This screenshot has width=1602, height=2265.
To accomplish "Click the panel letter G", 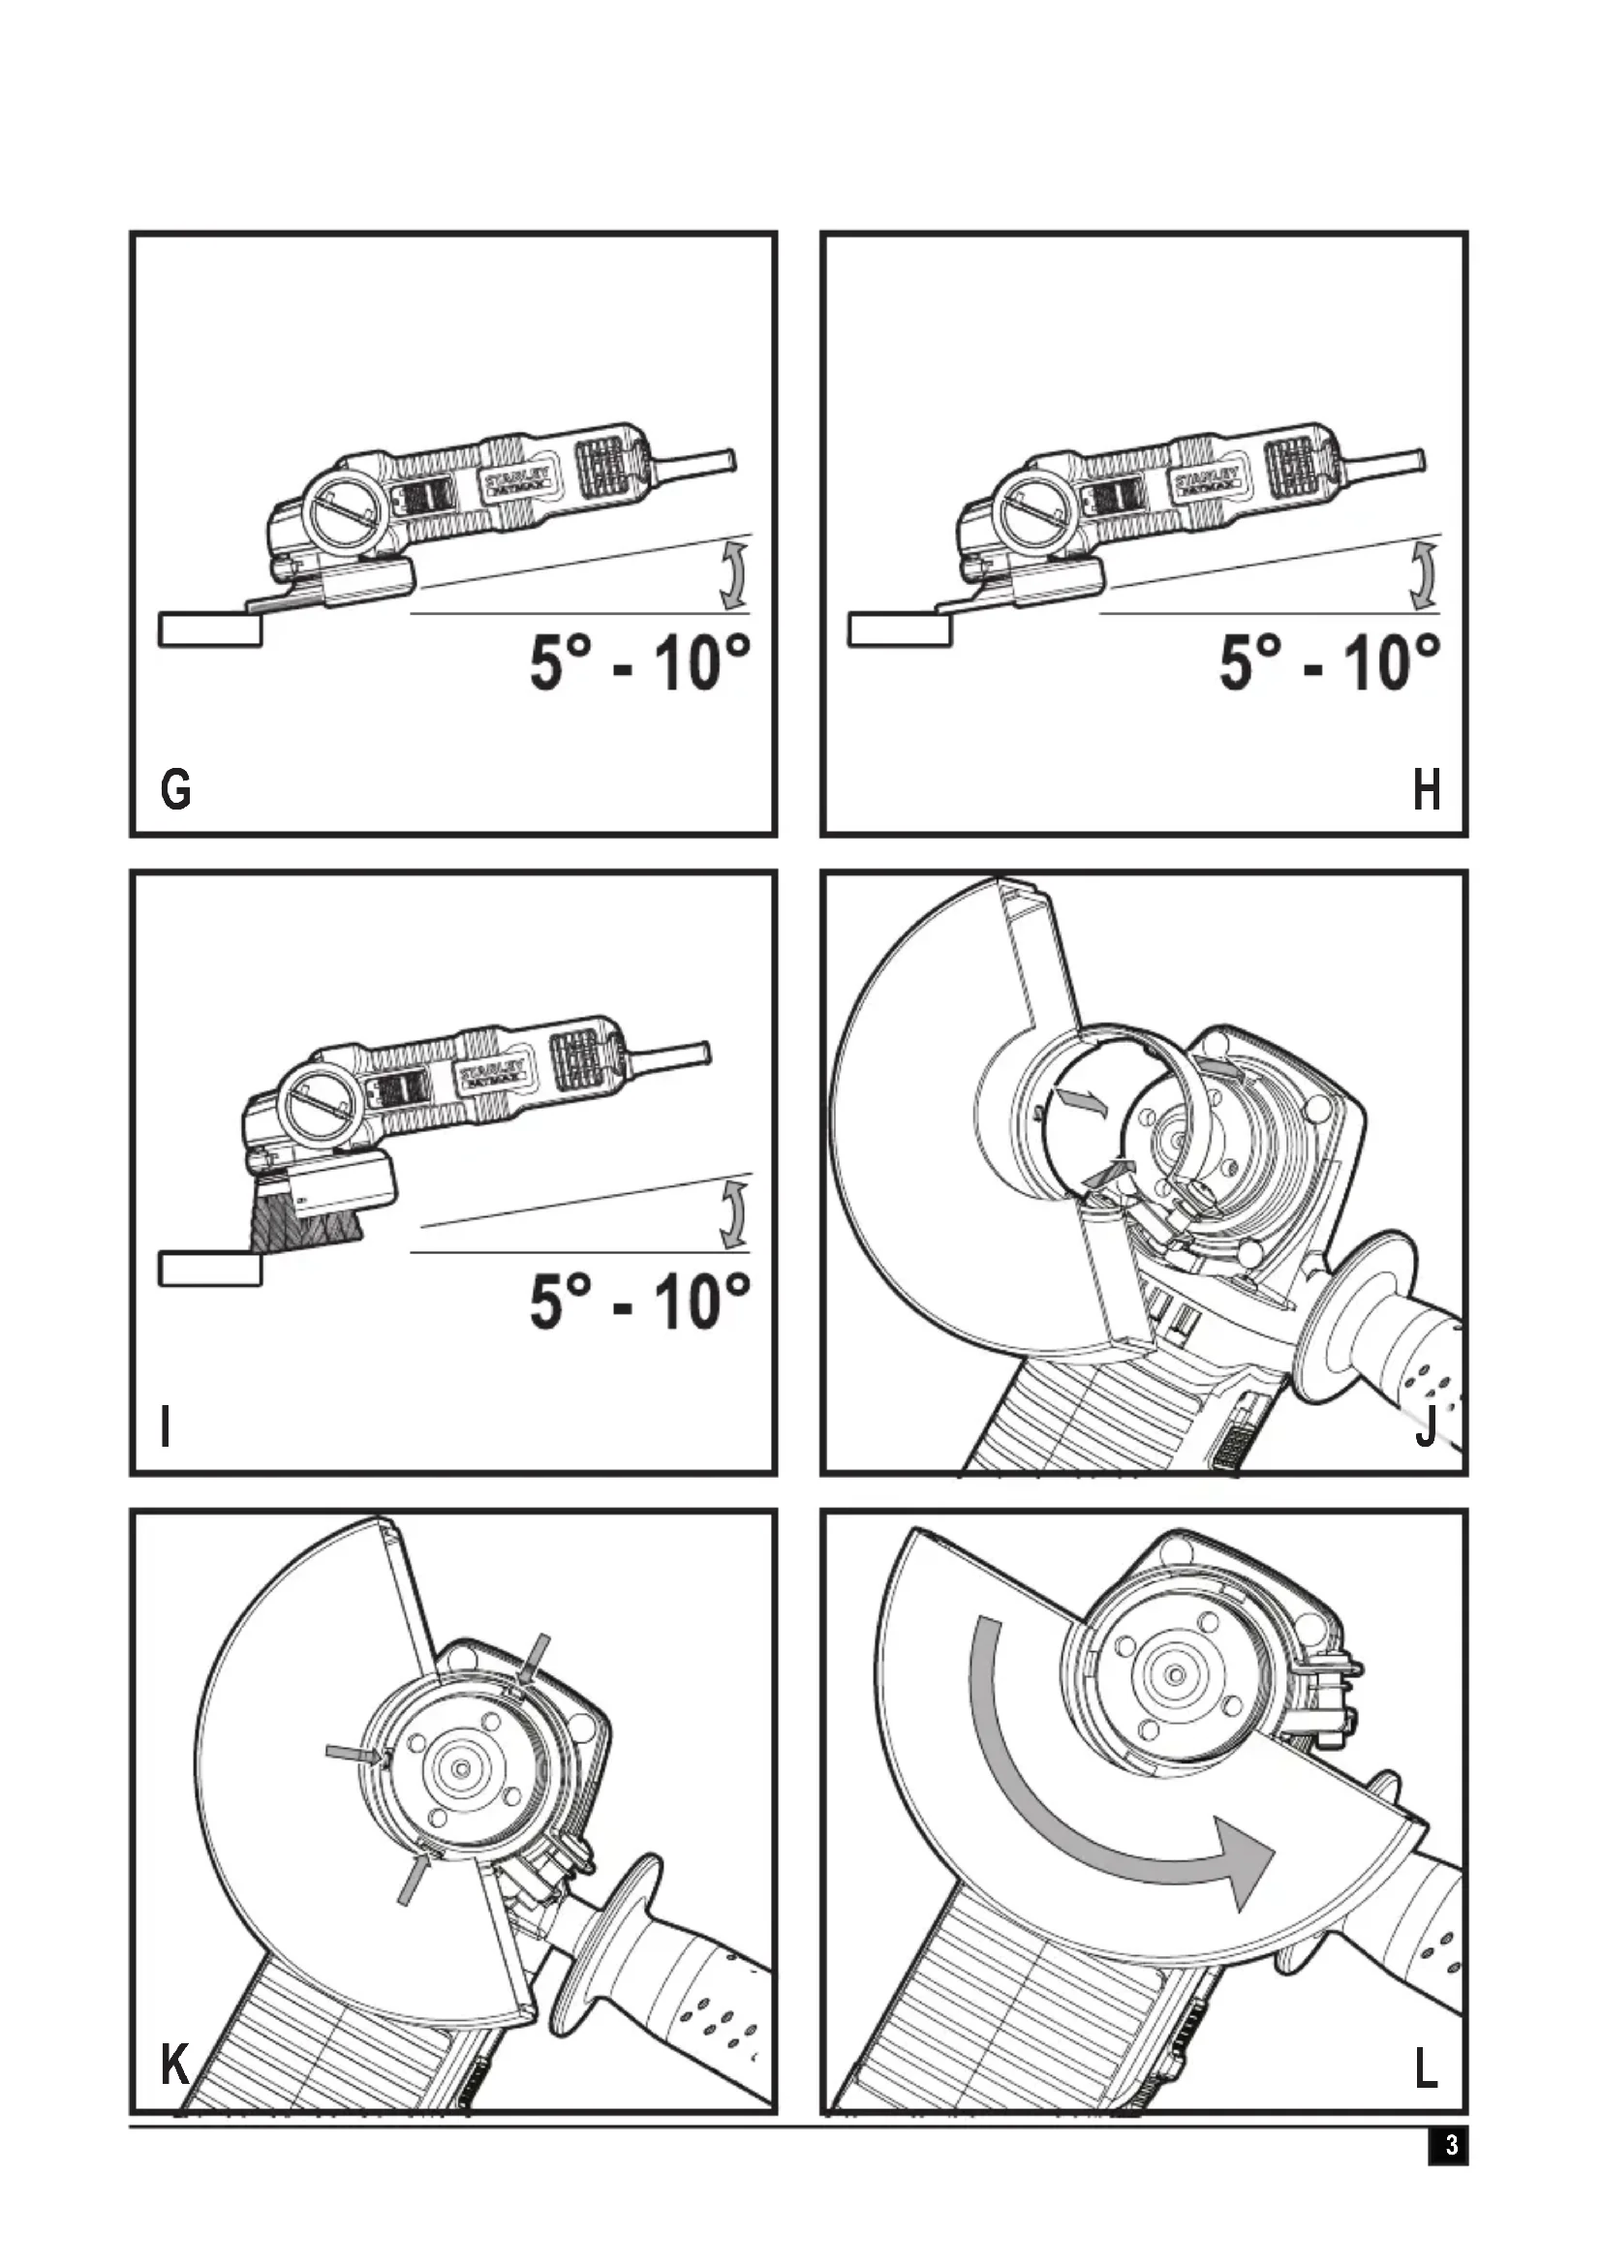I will tap(175, 790).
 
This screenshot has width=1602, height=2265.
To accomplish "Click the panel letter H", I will tap(1426, 790).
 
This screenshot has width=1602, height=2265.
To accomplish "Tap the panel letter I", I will tap(166, 1426).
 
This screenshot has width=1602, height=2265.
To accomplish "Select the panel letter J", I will tap(1426, 1426).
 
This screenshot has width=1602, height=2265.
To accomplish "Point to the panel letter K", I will tap(174, 2064).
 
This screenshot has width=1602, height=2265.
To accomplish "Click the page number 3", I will tap(1450, 2145).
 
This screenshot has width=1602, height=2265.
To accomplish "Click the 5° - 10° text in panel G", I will tap(639, 662).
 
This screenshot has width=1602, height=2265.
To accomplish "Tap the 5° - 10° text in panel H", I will tap(1329, 662).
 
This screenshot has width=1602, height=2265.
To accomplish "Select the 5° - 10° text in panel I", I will tap(639, 1301).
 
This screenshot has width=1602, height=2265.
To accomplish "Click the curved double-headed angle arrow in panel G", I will tap(732, 575).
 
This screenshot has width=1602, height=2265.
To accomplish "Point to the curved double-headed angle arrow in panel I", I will tap(732, 1214).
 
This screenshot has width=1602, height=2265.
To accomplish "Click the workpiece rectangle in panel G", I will tap(210, 629).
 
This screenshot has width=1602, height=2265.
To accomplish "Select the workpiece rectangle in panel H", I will tap(900, 629).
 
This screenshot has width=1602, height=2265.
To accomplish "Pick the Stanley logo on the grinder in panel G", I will tap(517, 478).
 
